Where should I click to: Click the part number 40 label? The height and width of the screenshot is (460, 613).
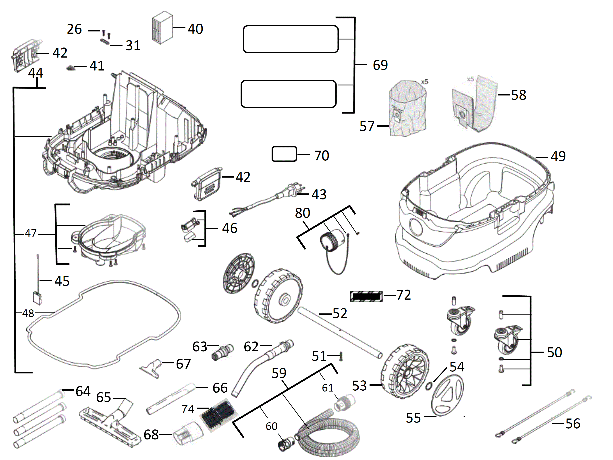pos(195,29)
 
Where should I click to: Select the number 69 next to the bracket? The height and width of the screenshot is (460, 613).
pos(380,65)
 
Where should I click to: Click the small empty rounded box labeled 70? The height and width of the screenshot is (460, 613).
pos(284,154)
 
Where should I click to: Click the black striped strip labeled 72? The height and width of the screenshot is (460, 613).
pos(366,296)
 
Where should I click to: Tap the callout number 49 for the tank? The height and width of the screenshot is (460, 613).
pos(558,156)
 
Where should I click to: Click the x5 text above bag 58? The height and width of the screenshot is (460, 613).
pos(470,79)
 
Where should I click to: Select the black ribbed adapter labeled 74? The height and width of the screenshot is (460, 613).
pos(219,414)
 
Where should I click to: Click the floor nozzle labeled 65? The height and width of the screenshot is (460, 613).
pos(111,424)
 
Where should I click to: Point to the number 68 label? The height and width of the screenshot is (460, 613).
pos(151,435)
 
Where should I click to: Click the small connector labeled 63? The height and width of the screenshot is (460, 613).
pos(222,352)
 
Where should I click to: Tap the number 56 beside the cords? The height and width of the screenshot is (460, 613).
pos(573,423)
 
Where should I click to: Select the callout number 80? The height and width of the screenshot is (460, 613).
pos(302,213)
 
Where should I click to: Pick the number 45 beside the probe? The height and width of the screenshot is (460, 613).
pos(62,281)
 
